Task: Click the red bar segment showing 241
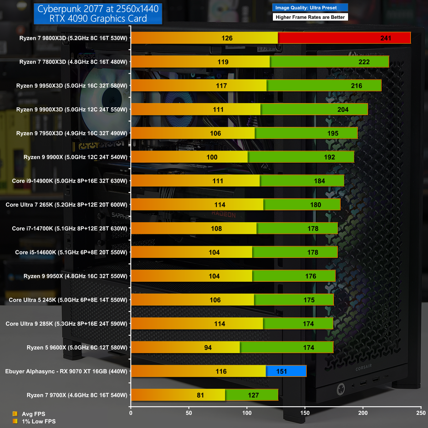click(x=344, y=38)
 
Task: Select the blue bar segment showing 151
click(x=286, y=371)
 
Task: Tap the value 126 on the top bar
click(x=227, y=38)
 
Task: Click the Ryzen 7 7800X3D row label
click(x=73, y=62)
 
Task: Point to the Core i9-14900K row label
click(x=70, y=181)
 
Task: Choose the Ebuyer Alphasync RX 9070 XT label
click(x=66, y=371)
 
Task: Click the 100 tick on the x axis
click(x=247, y=413)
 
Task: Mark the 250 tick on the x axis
click(x=421, y=413)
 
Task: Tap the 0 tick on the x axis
click(x=131, y=413)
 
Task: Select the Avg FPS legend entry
click(x=33, y=414)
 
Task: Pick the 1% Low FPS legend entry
click(x=39, y=422)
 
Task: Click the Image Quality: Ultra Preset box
click(x=310, y=7)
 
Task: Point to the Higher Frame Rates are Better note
click(x=310, y=17)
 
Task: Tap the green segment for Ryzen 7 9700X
click(x=252, y=395)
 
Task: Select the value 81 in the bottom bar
click(x=200, y=395)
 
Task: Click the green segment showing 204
click(x=314, y=109)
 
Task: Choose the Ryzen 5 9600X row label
click(x=77, y=347)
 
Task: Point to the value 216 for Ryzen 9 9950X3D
click(x=356, y=86)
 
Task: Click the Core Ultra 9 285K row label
click(x=66, y=324)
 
